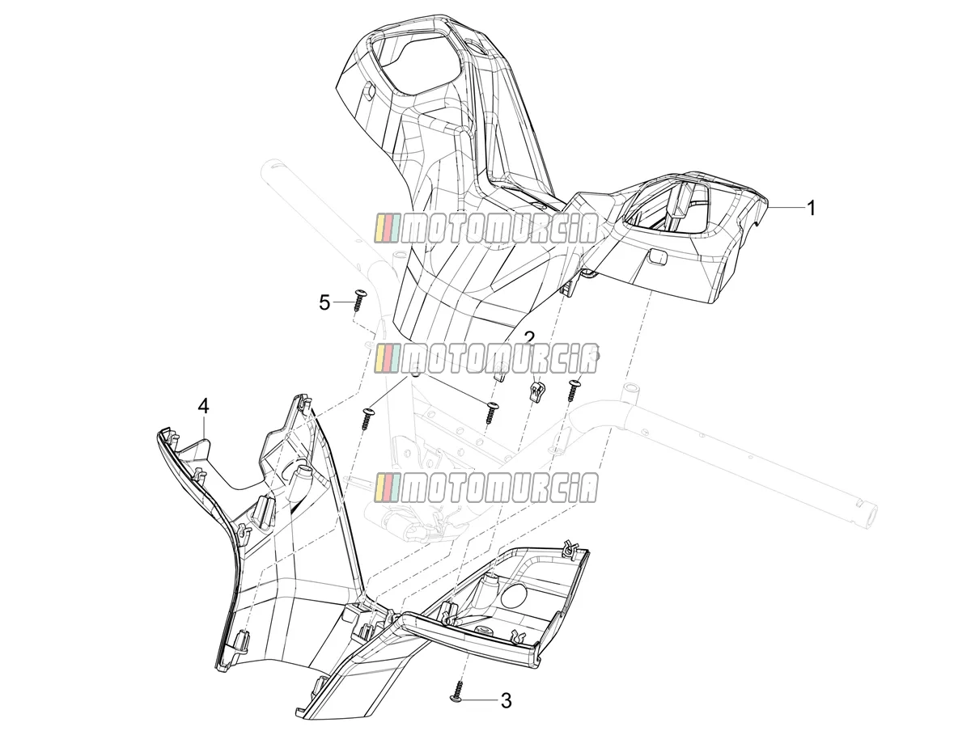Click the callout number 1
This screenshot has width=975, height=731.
811,208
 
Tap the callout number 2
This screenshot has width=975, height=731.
528,339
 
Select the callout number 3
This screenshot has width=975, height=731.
506,700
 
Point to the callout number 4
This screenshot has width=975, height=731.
203,406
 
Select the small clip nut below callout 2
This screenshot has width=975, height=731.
536,392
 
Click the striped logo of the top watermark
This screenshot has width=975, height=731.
388,229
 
